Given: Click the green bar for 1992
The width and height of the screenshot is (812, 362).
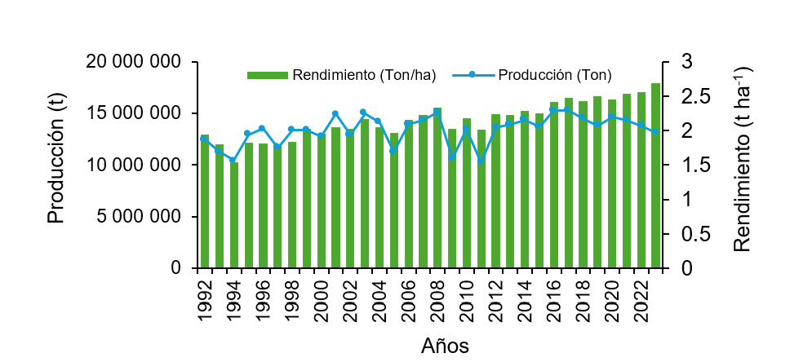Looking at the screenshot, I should point(205,201).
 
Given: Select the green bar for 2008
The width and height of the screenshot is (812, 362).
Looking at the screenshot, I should point(437,188).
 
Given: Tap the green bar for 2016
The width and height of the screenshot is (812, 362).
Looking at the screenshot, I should point(554,185).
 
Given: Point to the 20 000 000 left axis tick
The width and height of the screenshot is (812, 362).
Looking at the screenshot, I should point(134,62).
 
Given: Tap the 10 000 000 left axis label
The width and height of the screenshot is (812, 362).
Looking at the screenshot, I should point(134,166).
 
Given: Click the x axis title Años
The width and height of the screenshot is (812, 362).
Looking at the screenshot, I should point(445,345).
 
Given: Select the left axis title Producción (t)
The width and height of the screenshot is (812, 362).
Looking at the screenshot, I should point(55,166).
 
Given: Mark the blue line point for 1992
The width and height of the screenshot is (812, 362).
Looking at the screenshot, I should point(203,139).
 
